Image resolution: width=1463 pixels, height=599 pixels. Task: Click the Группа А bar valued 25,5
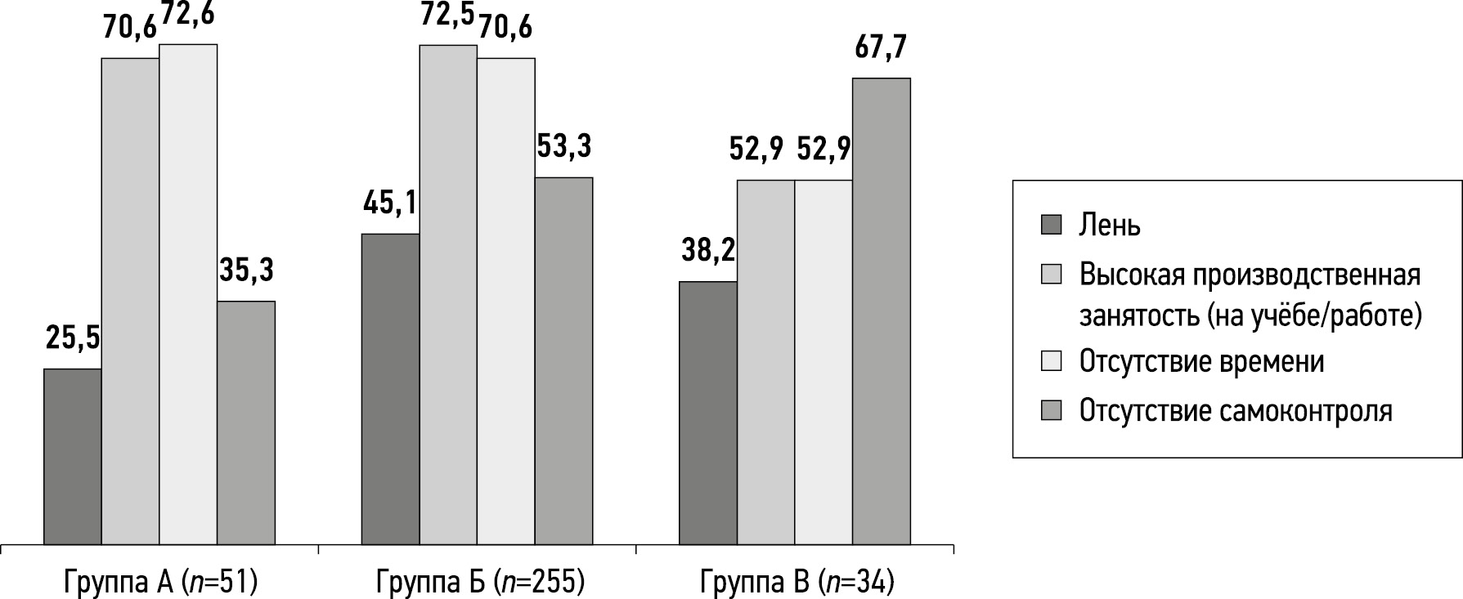73,456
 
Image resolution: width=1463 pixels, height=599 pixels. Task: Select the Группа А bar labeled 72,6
188,294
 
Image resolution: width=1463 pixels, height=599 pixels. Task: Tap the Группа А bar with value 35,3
246,422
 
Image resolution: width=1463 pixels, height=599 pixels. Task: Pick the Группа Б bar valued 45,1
390,389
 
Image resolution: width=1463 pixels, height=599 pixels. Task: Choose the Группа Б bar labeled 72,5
448,294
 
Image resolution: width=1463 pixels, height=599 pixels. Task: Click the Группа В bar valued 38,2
708,413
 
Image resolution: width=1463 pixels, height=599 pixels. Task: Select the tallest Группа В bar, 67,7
882,311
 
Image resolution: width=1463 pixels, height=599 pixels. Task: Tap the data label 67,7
881,48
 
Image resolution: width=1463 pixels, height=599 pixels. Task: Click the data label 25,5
73,338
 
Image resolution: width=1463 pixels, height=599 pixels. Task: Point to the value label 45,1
390,203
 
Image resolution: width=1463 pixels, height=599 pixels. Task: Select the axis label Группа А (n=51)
159,583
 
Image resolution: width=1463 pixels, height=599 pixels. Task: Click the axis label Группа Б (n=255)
480,583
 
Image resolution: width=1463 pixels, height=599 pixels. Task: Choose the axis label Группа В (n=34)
797,583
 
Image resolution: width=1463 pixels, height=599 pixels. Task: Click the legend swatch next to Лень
1051,225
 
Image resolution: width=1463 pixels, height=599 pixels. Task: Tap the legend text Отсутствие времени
1201,360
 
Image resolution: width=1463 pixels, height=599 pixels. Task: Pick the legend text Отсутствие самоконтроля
1236,409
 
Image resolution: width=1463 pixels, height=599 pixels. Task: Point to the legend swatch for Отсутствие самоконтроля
1051,410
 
